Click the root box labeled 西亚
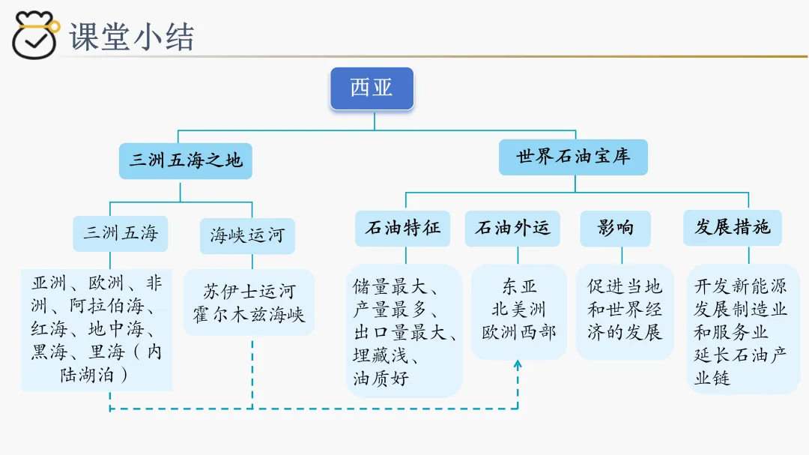point(372,88)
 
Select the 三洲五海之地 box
point(185,160)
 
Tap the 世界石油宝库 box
point(573,157)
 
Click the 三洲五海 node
point(121,233)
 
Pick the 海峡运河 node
point(247,235)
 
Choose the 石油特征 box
point(402,228)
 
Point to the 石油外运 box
point(512,228)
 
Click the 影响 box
point(615,228)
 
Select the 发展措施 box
point(732,227)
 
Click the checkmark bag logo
point(35,34)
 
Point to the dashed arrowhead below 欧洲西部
point(518,365)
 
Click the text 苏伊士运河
point(249,291)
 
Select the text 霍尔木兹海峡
point(249,314)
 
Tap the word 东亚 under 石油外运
point(519,286)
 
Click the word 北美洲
point(519,309)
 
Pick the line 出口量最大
point(404,332)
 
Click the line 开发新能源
point(739,286)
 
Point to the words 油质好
point(381,379)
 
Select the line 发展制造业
point(739,309)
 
